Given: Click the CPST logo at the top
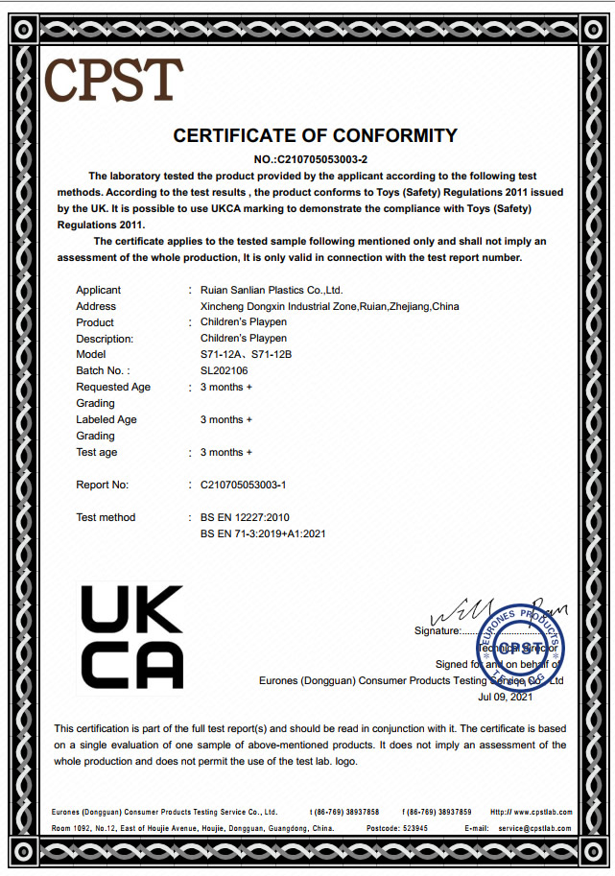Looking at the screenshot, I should (113, 81).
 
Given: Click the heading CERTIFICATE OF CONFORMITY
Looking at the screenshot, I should (315, 135).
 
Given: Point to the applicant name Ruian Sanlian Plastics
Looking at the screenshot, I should (272, 290).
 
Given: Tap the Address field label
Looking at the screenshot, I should (96, 306).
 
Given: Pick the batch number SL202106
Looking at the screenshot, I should (225, 371).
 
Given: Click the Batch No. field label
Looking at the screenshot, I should (103, 371).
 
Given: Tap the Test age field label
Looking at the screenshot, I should (97, 452).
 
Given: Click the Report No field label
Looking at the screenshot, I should (103, 485).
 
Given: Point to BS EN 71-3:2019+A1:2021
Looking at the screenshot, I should (269, 533).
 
